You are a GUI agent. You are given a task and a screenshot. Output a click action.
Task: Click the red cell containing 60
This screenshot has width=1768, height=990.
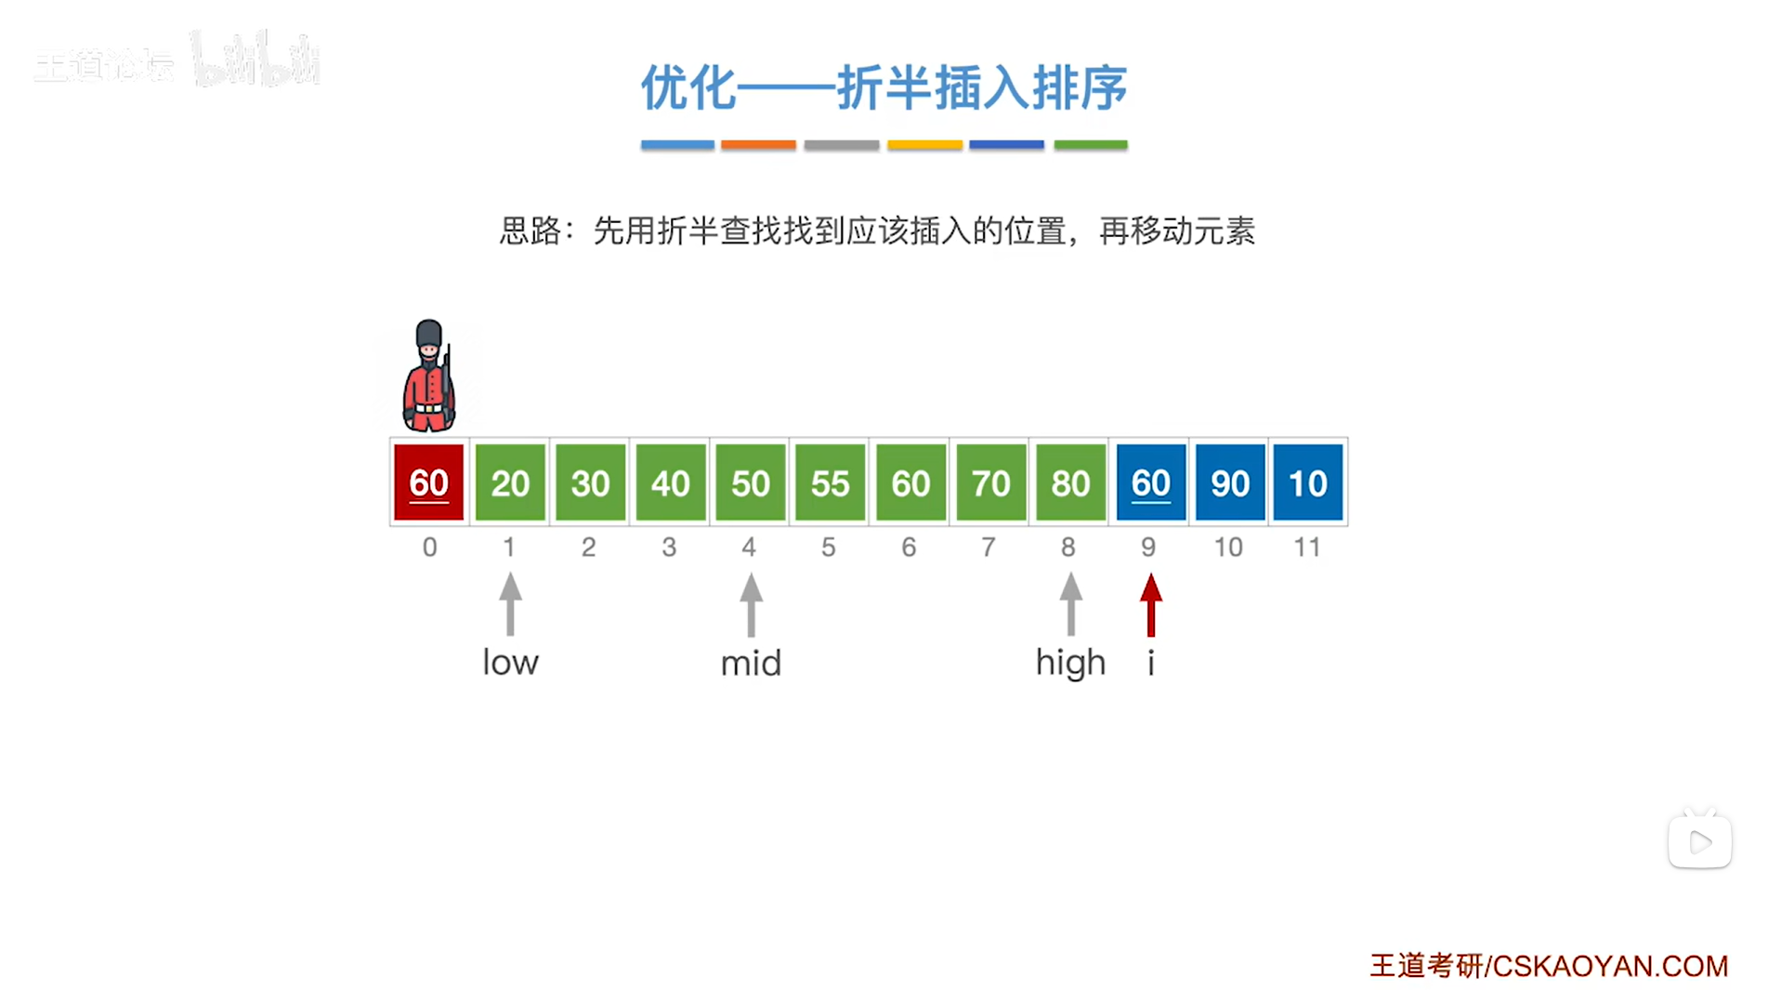(x=428, y=482)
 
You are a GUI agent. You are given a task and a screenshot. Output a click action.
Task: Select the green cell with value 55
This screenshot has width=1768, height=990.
(x=830, y=482)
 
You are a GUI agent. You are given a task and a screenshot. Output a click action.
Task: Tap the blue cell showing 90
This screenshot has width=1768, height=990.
(x=1229, y=482)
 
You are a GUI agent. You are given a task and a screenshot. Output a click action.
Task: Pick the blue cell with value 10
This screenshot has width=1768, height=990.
(x=1307, y=482)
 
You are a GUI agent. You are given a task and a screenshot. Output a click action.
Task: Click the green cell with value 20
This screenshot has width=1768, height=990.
(x=510, y=482)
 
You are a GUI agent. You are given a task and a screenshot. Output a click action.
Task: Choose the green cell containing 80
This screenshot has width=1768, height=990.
(x=1069, y=482)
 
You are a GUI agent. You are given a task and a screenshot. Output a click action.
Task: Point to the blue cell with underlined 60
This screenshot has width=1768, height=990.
(x=1150, y=482)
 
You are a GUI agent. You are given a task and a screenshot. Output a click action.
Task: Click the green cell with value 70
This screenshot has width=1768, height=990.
(x=989, y=482)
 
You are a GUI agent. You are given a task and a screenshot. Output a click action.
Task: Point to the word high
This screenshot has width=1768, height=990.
(x=1070, y=663)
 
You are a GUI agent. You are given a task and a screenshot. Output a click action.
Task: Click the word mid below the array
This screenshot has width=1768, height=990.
(x=751, y=664)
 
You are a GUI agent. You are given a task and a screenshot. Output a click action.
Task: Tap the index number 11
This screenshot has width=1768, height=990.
(x=1307, y=548)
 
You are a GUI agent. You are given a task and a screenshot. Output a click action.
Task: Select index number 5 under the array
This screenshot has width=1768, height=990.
(x=828, y=548)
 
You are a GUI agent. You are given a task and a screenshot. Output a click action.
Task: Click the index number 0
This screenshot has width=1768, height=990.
(x=429, y=548)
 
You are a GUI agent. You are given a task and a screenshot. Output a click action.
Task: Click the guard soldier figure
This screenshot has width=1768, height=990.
(x=429, y=376)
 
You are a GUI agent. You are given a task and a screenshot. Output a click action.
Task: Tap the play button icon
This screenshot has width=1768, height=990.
(x=1699, y=842)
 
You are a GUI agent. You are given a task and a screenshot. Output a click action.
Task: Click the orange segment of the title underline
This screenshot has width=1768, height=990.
(x=758, y=145)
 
